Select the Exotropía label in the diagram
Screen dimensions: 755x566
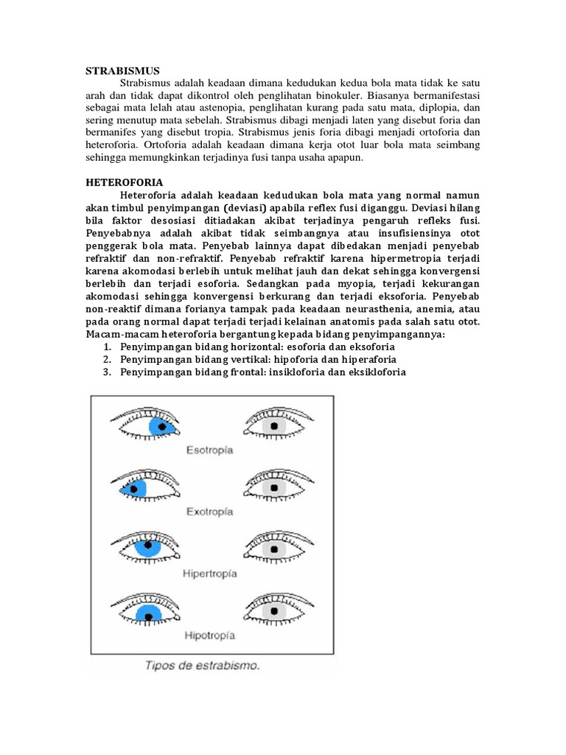209,510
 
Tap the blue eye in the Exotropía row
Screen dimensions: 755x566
144,487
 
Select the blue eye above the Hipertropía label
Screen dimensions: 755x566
146,548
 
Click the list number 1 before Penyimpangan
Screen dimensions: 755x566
107,347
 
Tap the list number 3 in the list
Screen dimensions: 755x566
107,372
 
